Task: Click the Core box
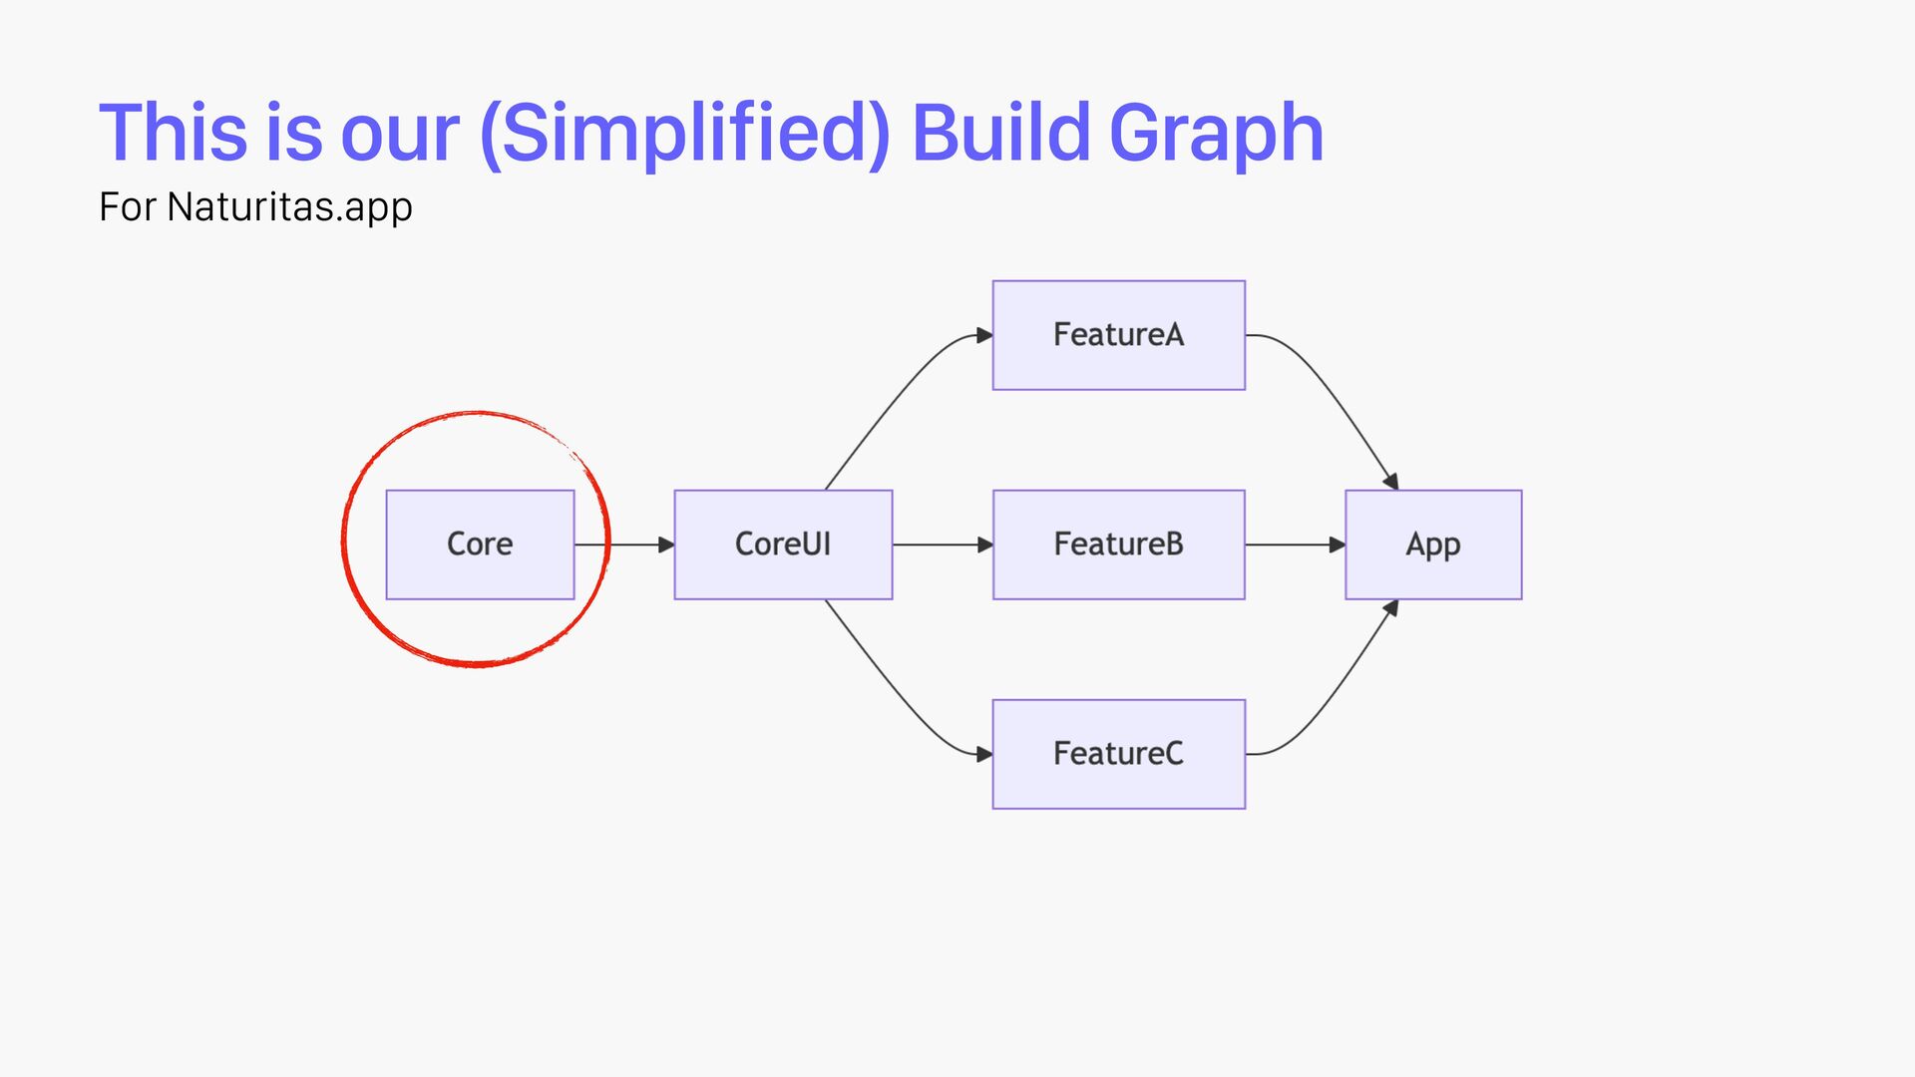(480, 544)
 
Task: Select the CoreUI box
(783, 544)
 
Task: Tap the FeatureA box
(1118, 335)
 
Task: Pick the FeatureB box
(1118, 544)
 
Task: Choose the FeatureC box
(1118, 754)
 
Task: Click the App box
(1433, 544)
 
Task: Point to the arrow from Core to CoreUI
(624, 544)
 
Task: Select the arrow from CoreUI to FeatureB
(943, 544)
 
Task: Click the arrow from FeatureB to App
(1295, 544)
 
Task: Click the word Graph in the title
(1216, 135)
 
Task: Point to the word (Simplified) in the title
(684, 135)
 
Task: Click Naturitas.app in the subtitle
(289, 207)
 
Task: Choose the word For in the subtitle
(127, 207)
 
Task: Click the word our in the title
(400, 135)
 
